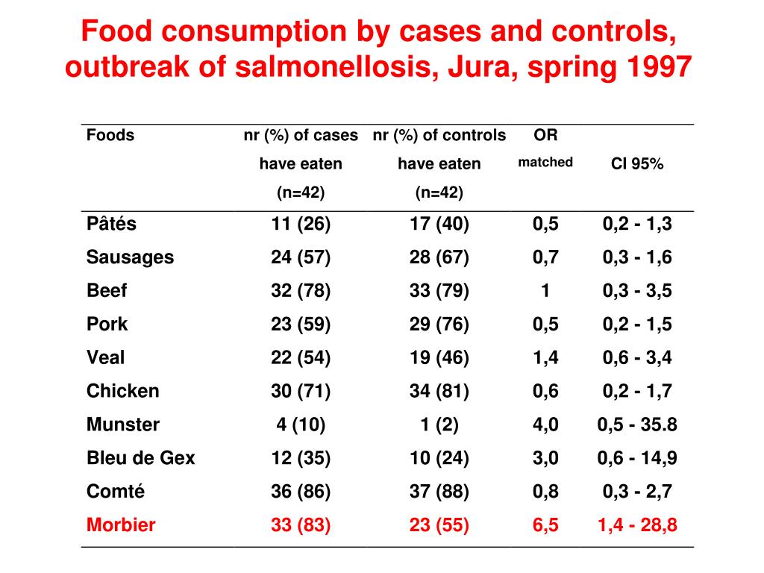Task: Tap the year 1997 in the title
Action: click(x=659, y=66)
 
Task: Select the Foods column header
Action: click(x=110, y=135)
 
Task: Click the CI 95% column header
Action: click(x=637, y=163)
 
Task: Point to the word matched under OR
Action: click(x=545, y=162)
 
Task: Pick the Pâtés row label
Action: click(x=112, y=223)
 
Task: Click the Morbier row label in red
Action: click(x=121, y=525)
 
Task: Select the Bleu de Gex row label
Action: click(x=141, y=458)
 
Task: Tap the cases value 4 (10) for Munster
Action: click(x=301, y=425)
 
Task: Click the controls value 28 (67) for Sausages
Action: click(x=439, y=257)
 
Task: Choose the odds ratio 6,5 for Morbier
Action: click(x=545, y=525)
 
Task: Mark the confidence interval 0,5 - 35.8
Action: click(x=637, y=425)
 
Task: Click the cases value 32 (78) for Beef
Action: click(x=301, y=290)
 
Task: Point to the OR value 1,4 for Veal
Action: click(x=545, y=357)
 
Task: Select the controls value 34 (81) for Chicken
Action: click(x=439, y=391)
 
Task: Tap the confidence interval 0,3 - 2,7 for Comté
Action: click(x=637, y=492)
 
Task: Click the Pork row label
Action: click(x=107, y=324)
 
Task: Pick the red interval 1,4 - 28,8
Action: click(x=637, y=525)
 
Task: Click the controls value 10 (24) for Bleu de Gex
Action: click(x=439, y=458)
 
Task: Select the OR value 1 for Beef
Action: click(x=545, y=290)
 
